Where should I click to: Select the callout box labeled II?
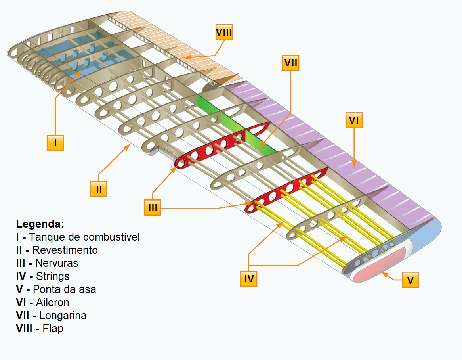pyautogui.click(x=99, y=189)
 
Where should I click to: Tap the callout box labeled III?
pyautogui.click(x=153, y=207)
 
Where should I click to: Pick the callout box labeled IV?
pyautogui.click(x=249, y=279)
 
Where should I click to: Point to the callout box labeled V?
pyautogui.click(x=410, y=280)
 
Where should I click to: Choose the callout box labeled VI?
pyautogui.click(x=354, y=121)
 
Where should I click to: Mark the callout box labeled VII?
pyautogui.click(x=290, y=63)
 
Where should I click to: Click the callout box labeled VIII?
pyautogui.click(x=224, y=33)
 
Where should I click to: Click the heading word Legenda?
pyautogui.click(x=40, y=224)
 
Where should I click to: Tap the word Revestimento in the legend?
pyautogui.click(x=65, y=250)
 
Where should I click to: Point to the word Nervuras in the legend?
pyautogui.click(x=57, y=263)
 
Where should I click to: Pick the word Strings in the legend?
pyautogui.click(x=53, y=276)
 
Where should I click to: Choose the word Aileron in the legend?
pyautogui.click(x=52, y=303)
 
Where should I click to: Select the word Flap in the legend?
pyautogui.click(x=53, y=329)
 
